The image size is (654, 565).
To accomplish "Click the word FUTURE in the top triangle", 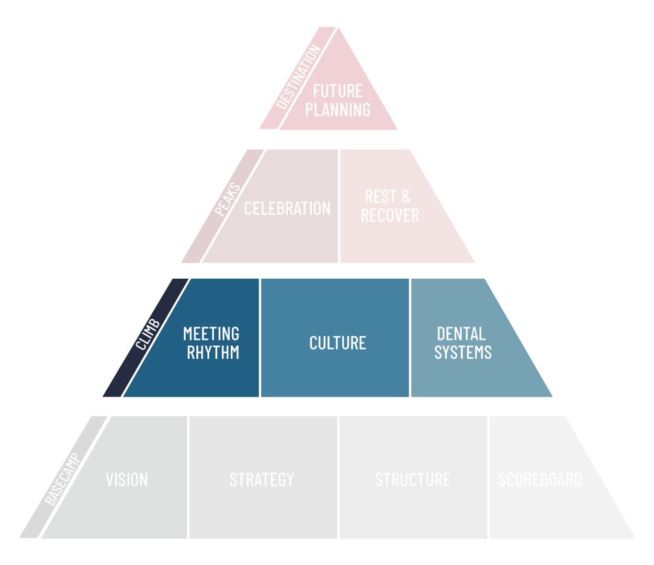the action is [337, 91].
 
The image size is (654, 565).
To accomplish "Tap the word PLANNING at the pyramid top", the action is [337, 110].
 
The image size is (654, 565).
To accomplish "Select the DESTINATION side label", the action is [298, 77].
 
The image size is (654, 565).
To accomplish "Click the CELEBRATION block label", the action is [287, 208].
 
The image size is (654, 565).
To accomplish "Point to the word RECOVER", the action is [390, 216].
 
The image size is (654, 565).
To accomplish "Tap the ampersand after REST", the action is [406, 197].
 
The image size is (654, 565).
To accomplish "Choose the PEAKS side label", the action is [228, 200].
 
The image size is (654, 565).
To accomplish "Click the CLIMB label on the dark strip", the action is [148, 335].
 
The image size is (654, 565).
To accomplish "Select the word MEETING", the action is [211, 334].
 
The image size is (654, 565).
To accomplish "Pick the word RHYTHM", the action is [213, 353].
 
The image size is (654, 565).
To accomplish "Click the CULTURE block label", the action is [337, 343].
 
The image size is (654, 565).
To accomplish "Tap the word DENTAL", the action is [461, 334].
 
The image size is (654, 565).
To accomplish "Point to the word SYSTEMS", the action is [463, 353].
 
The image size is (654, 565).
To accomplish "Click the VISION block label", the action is [127, 480].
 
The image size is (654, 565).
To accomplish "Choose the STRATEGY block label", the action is [262, 480].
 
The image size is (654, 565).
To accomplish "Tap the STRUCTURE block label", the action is [413, 480].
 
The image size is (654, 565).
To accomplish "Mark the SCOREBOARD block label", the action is [540, 480].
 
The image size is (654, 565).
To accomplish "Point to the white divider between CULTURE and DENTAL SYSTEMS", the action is [410, 337].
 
